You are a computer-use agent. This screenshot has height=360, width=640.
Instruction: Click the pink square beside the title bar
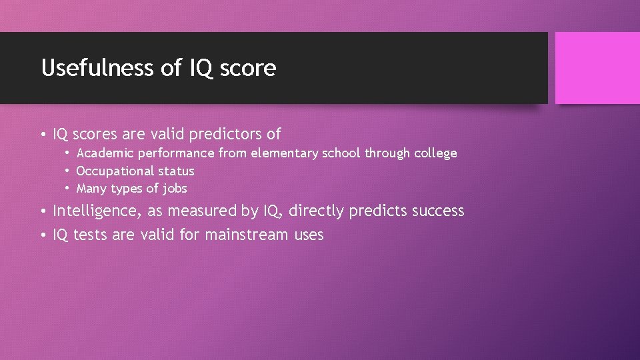597,68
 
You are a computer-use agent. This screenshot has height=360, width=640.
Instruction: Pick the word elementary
285,153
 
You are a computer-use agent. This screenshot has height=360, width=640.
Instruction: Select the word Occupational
115,171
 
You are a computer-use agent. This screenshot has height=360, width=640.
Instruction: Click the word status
176,171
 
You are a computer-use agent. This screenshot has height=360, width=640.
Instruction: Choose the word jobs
175,189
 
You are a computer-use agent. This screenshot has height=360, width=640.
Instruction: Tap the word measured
201,211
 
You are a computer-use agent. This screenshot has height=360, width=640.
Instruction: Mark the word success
438,211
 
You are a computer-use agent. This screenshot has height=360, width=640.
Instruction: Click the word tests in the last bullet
90,235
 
